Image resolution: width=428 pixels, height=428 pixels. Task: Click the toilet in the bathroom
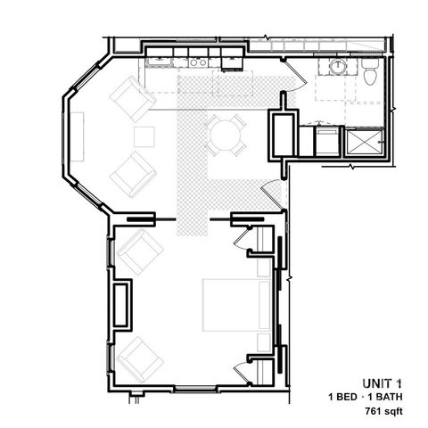coord(369,74)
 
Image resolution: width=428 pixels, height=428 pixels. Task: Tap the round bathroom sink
coord(339,67)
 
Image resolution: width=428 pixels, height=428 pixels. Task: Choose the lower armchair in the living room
coord(132,173)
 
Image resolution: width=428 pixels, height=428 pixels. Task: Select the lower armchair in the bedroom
coord(140,357)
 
